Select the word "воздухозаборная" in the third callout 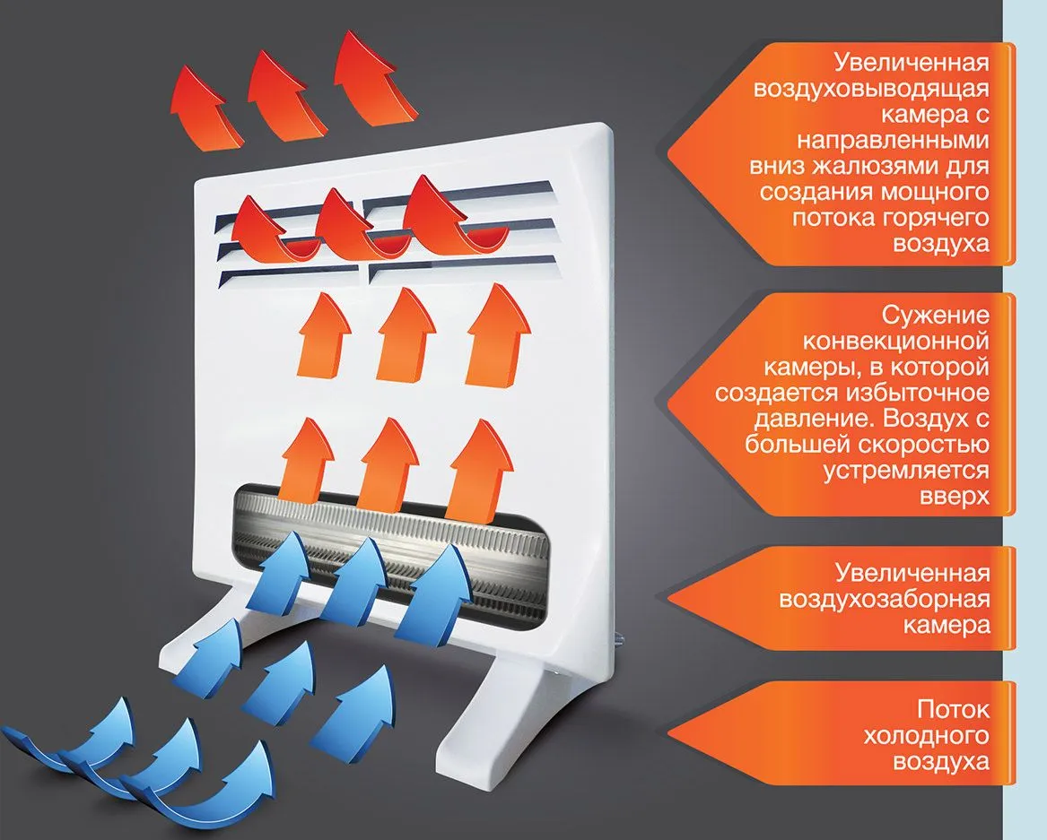[x=886, y=599]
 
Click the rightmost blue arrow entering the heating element [x=435, y=587]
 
